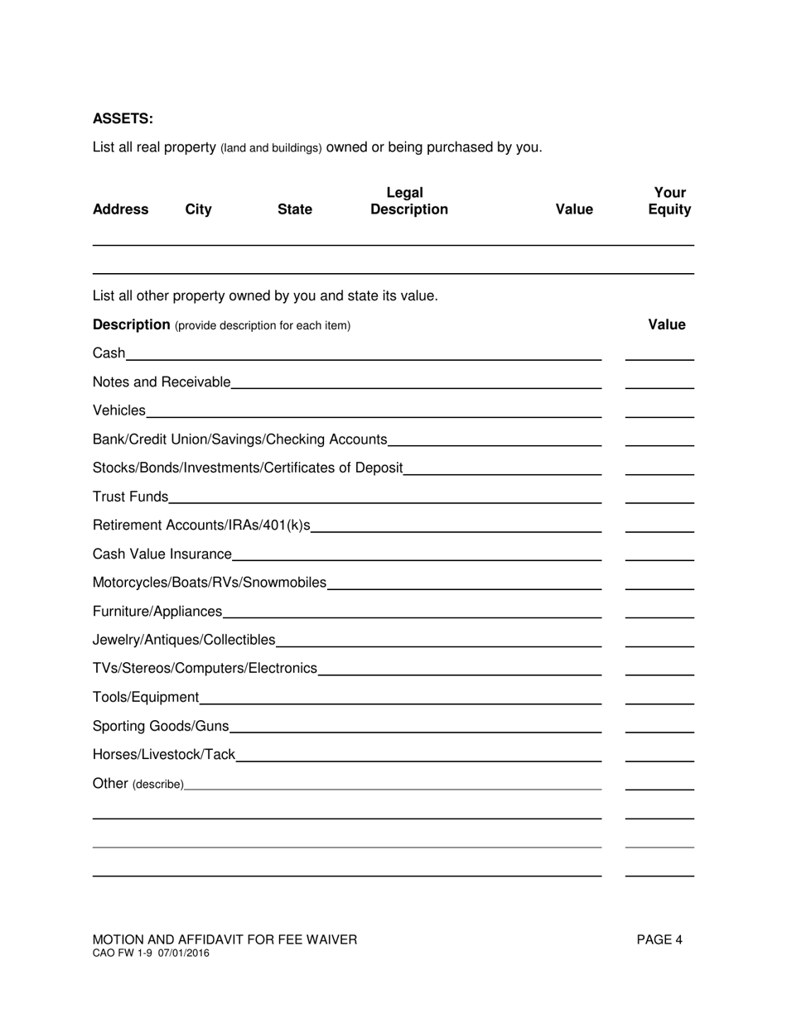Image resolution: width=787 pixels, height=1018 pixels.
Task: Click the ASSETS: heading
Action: pyautogui.click(x=123, y=118)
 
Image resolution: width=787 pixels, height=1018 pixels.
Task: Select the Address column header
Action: pyautogui.click(x=120, y=209)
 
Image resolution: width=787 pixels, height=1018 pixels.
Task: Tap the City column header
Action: pyautogui.click(x=198, y=209)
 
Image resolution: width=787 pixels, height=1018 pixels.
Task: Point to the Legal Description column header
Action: pyautogui.click(x=408, y=201)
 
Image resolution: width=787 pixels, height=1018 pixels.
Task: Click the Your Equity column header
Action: pyautogui.click(x=669, y=201)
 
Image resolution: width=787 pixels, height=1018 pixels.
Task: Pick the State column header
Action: pyautogui.click(x=295, y=209)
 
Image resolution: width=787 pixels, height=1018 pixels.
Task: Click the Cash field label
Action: pyautogui.click(x=109, y=353)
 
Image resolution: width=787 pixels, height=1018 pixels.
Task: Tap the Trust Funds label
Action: pyautogui.click(x=130, y=497)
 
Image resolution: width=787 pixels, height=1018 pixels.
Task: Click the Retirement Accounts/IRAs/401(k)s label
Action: pyautogui.click(x=201, y=526)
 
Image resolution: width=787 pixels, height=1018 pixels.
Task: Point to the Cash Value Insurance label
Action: pyautogui.click(x=162, y=554)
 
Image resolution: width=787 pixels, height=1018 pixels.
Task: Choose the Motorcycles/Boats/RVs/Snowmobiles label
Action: pyautogui.click(x=210, y=583)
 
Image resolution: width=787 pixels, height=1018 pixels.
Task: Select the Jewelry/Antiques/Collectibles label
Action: pyautogui.click(x=184, y=640)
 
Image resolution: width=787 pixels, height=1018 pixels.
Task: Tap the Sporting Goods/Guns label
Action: pyautogui.click(x=161, y=726)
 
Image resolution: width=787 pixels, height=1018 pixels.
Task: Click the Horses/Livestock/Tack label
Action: pyautogui.click(x=164, y=755)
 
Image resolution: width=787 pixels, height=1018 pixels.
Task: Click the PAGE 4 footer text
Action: pyautogui.click(x=659, y=939)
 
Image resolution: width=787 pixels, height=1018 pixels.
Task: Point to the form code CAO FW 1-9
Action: pyautogui.click(x=123, y=953)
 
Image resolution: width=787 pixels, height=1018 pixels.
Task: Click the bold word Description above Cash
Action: pyautogui.click(x=131, y=324)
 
